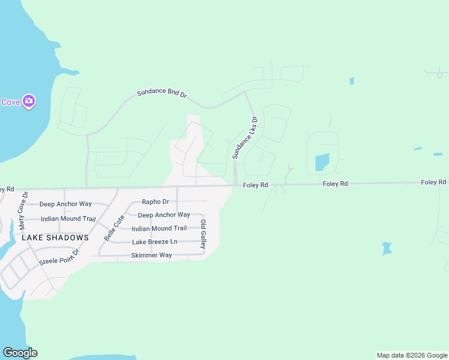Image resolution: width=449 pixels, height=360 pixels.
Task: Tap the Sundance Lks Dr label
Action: pyautogui.click(x=245, y=137)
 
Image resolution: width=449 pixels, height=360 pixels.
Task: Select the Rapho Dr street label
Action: pyautogui.click(x=155, y=202)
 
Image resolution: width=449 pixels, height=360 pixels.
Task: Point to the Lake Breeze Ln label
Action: pyautogui.click(x=155, y=242)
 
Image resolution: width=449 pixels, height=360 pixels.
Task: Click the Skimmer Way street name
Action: pyautogui.click(x=151, y=256)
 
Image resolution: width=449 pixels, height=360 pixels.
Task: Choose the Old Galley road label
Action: pyautogui.click(x=203, y=235)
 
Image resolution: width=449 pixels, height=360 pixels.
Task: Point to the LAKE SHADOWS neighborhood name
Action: pyautogui.click(x=55, y=238)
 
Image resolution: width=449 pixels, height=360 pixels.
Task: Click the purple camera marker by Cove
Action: pyautogui.click(x=28, y=101)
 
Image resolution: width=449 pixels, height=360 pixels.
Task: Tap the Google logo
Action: pyautogui.click(x=20, y=353)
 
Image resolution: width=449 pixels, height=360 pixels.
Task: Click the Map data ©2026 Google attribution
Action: pyautogui.click(x=412, y=355)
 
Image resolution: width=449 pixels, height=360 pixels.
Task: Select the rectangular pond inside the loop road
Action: pyautogui.click(x=322, y=162)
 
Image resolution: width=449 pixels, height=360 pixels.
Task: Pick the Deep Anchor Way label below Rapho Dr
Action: pyautogui.click(x=164, y=215)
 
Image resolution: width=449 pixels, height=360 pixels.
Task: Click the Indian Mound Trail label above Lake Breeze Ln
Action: pyautogui.click(x=159, y=229)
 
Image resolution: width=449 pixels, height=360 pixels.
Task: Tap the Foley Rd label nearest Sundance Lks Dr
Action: pyautogui.click(x=255, y=185)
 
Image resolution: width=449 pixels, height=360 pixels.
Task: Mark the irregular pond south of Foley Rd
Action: pyautogui.click(x=387, y=248)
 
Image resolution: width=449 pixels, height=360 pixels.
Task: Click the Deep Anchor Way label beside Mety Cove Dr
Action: pyautogui.click(x=65, y=204)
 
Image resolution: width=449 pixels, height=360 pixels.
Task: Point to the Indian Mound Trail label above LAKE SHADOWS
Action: pyautogui.click(x=68, y=219)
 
